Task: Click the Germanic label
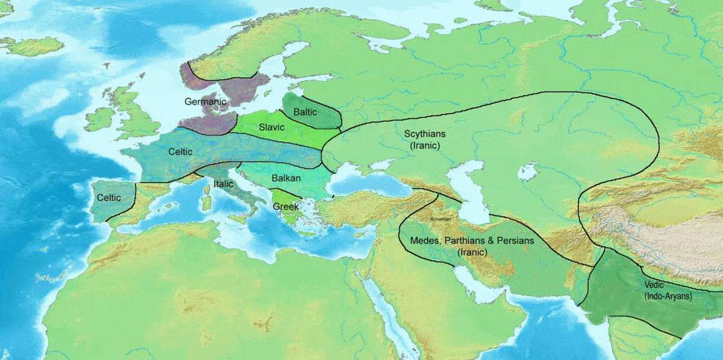pos(206,102)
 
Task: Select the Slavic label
pos(272,126)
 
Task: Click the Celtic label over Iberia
pos(108,197)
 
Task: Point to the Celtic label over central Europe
pos(180,152)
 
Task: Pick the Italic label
pos(223,183)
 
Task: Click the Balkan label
pos(286,179)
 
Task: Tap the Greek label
pos(286,206)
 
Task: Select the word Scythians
pos(424,134)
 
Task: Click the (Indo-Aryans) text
pos(667,296)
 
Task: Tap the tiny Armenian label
pos(440,219)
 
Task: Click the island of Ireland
pos(99,119)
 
